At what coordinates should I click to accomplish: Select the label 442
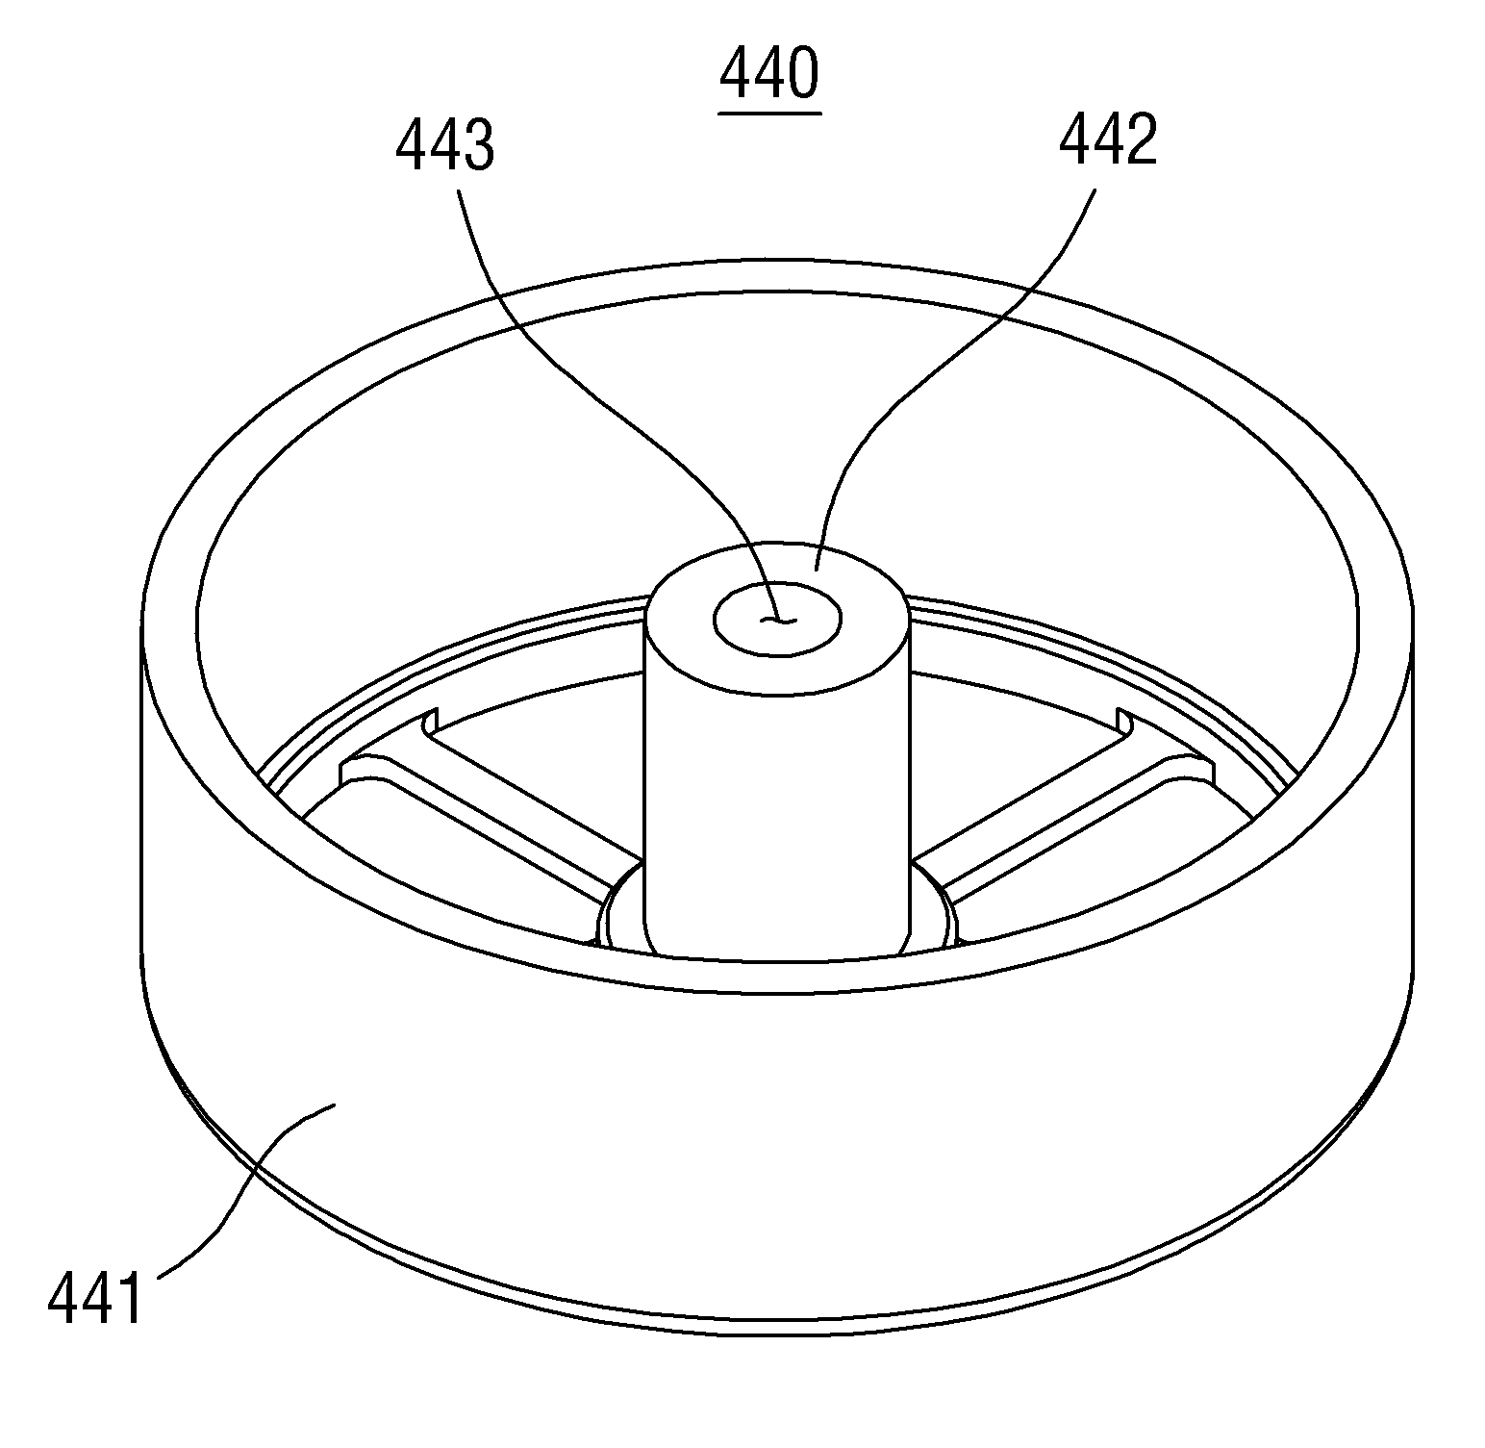point(1108,141)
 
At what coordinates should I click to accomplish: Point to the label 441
point(95,1299)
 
